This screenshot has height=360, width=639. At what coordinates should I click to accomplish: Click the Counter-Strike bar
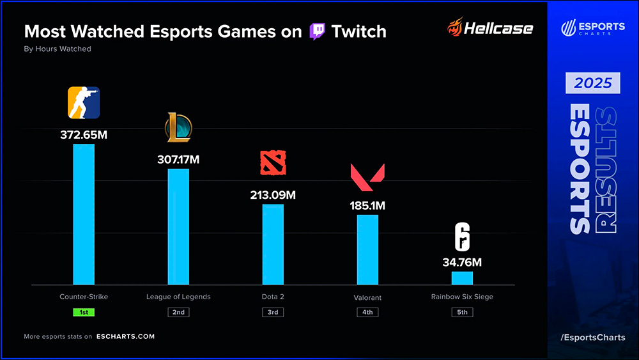[84, 214]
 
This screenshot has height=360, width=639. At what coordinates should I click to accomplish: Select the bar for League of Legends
[178, 226]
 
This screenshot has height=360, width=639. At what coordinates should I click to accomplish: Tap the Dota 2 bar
[273, 244]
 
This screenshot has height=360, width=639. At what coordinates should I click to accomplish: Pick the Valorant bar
[367, 249]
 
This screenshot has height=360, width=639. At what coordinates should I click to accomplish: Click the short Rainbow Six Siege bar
[462, 278]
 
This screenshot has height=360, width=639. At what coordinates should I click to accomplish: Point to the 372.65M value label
[84, 135]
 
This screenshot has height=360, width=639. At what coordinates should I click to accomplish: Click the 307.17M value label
[178, 160]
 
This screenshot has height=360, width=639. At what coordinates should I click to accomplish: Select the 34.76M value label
[462, 262]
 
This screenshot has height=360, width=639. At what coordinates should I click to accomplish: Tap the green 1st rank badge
[84, 313]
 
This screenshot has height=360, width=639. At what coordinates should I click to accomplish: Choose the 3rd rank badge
[273, 313]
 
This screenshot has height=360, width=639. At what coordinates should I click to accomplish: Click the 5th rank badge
[462, 313]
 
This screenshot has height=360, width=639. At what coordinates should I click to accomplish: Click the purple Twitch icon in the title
[317, 31]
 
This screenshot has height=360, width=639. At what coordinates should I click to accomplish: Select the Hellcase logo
[490, 28]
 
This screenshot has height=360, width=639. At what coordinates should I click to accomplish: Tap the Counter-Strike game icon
[84, 103]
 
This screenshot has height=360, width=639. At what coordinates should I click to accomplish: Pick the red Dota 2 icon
[273, 163]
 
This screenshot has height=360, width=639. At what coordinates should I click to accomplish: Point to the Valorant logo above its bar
[367, 178]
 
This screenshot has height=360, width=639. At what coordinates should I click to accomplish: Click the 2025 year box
[592, 83]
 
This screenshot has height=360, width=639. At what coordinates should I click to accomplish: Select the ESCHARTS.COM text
[125, 336]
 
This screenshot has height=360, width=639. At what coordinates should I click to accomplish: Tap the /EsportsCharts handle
[592, 337]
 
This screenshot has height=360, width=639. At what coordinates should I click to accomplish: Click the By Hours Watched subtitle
[58, 49]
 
